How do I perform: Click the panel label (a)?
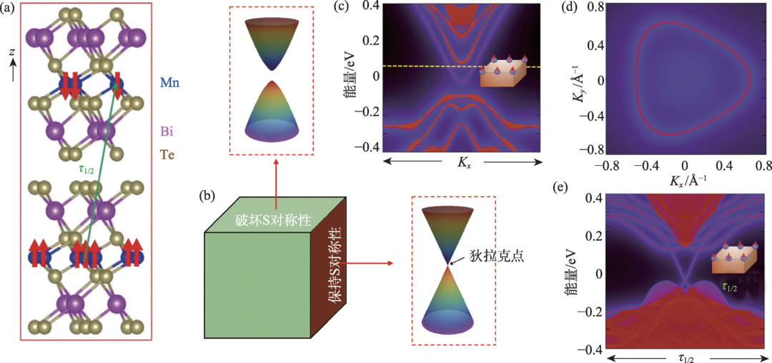[x=11, y=10]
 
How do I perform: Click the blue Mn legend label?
[x=169, y=83]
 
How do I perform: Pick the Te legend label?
[x=168, y=154]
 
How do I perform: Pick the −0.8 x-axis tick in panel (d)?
[x=605, y=166]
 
